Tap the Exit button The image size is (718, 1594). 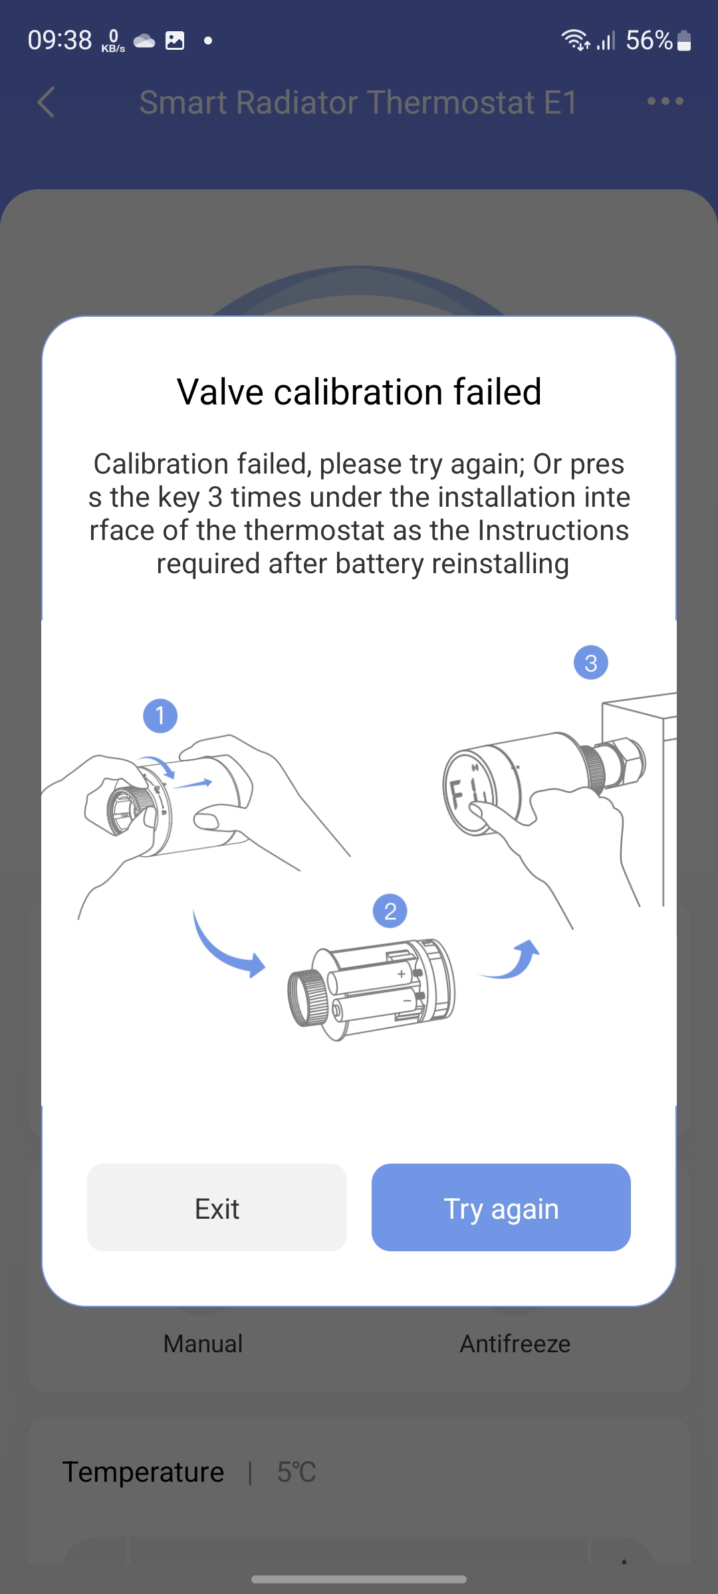pyautogui.click(x=217, y=1207)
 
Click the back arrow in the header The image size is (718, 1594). pyautogui.click(x=46, y=102)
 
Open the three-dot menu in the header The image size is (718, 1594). pyautogui.click(x=665, y=102)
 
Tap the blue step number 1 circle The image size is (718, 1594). pyautogui.click(x=160, y=716)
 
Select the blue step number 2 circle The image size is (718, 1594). pyautogui.click(x=390, y=911)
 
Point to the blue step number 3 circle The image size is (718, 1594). pyautogui.click(x=590, y=663)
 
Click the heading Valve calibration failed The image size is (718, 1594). pyautogui.click(x=359, y=392)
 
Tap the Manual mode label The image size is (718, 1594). pyautogui.click(x=203, y=1344)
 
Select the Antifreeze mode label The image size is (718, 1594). pyautogui.click(x=515, y=1344)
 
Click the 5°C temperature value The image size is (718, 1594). pyautogui.click(x=297, y=1472)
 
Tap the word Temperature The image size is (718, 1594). pyautogui.click(x=143, y=1472)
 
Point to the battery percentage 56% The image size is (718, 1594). pyautogui.click(x=649, y=41)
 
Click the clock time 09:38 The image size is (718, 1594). pyautogui.click(x=60, y=41)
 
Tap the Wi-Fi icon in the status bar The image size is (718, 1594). pyautogui.click(x=575, y=40)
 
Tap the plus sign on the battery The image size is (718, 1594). pyautogui.click(x=402, y=974)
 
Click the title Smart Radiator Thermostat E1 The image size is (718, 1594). pyautogui.click(x=358, y=102)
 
